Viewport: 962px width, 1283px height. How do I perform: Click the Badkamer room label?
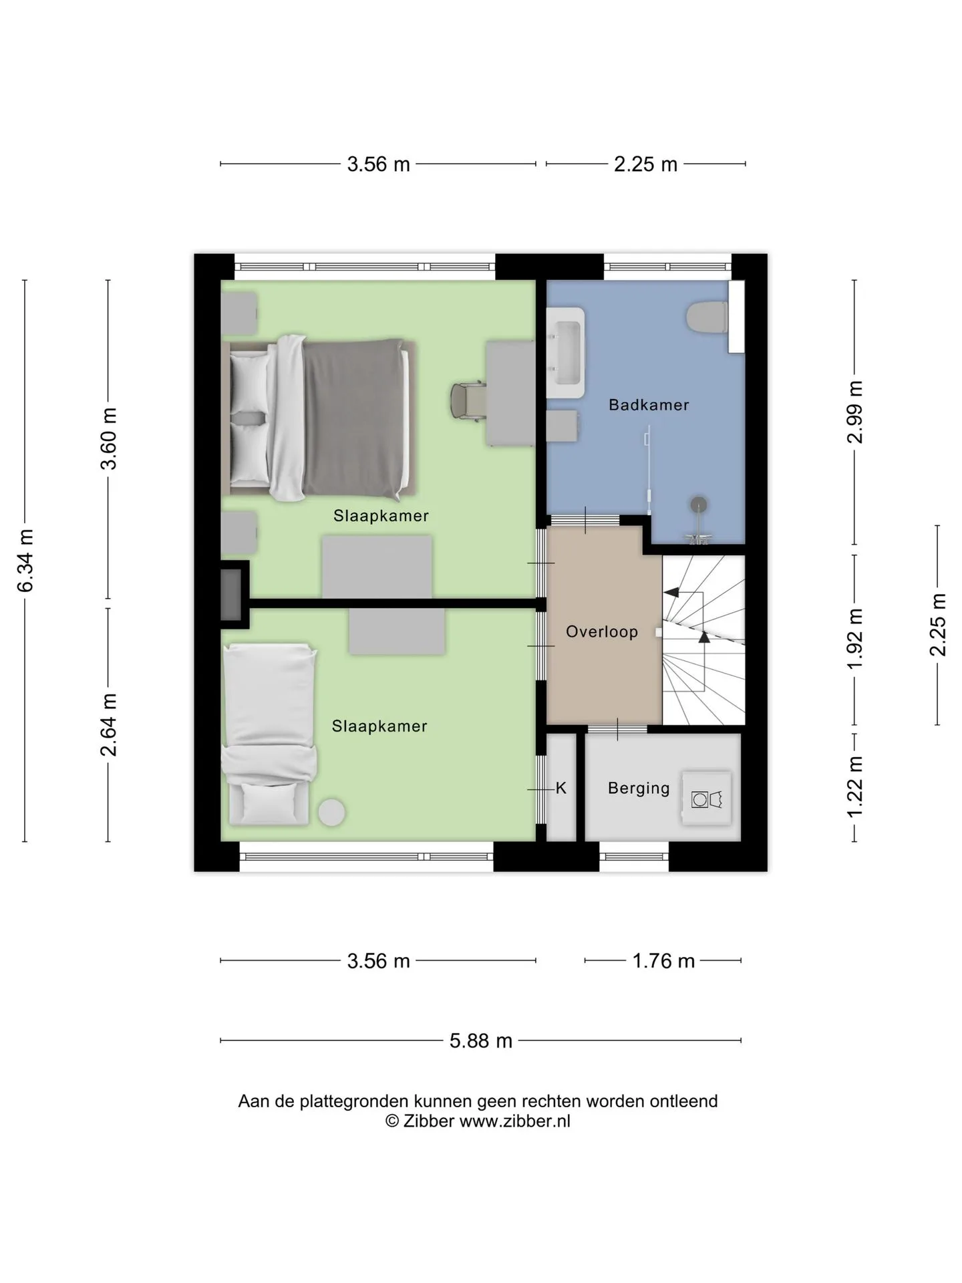649,404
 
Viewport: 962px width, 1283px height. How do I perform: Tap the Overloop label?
602,631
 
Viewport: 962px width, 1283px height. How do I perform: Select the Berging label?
639,789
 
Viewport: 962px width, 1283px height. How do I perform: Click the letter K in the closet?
561,789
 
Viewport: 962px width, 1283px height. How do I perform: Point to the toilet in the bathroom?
707,317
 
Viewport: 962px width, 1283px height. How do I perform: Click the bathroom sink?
566,353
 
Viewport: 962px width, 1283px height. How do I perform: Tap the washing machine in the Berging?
706,798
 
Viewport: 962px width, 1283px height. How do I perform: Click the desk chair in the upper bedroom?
468,400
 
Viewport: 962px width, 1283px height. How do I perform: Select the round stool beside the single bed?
331,813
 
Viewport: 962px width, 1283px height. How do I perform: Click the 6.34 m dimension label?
25,560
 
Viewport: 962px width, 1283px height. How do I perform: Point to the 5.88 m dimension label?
481,1040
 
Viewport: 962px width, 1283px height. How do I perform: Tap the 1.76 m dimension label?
663,961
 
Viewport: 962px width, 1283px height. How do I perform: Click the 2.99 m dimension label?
855,412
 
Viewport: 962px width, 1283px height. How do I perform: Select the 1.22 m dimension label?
855,786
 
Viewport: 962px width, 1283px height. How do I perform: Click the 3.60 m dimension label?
108,438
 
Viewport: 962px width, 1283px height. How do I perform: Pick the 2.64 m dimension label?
108,725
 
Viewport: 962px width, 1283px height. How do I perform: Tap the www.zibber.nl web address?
514,1121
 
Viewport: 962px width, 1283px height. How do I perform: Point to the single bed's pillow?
268,803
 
